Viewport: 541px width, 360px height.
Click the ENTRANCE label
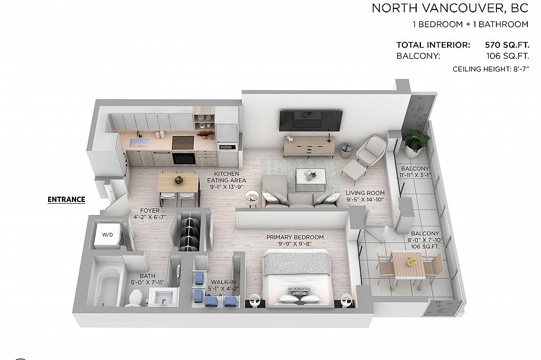(x=66, y=200)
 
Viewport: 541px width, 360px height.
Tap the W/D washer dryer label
(x=107, y=235)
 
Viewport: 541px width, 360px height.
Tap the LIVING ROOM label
(x=365, y=193)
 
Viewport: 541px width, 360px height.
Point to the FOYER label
(x=149, y=210)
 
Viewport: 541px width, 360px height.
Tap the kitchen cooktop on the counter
(x=184, y=141)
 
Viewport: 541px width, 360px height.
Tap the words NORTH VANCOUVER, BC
(x=450, y=8)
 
